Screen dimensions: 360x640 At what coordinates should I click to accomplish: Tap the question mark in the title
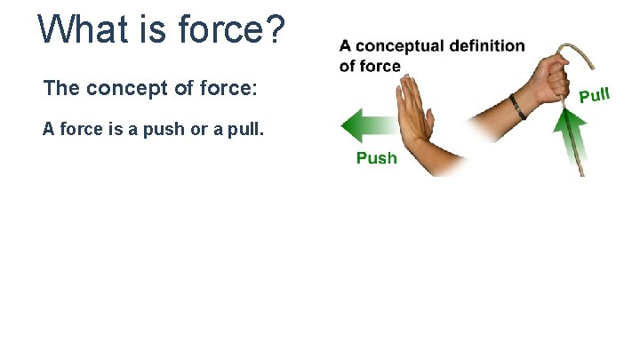click(275, 29)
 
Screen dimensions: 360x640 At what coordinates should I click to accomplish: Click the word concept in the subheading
click(118, 89)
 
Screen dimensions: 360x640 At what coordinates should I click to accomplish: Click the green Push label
click(377, 158)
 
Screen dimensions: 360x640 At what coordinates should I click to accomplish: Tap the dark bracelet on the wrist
click(518, 107)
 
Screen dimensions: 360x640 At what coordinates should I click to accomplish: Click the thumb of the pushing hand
click(429, 124)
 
